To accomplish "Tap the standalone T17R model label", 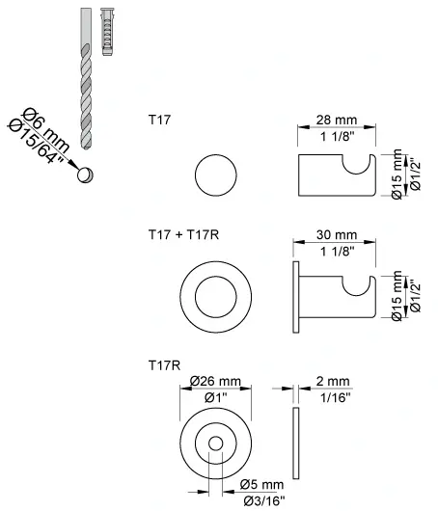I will click(x=161, y=363).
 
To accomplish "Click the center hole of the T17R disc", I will click(x=215, y=443).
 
